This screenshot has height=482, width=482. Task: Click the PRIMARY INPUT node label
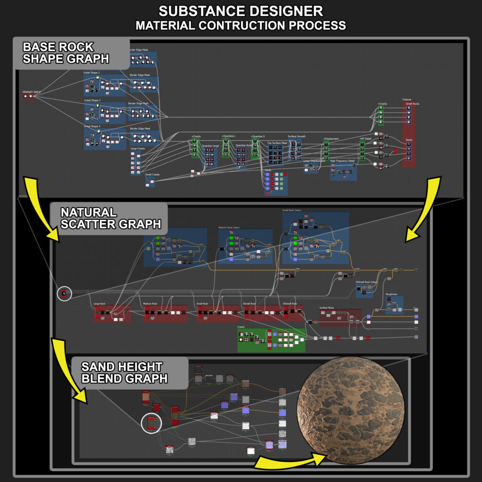click(x=32, y=92)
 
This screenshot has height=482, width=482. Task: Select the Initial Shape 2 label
click(x=92, y=72)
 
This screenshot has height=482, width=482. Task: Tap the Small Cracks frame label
click(x=153, y=175)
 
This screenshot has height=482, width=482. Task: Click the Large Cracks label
click(x=138, y=149)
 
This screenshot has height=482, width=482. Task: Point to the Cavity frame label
click(x=268, y=170)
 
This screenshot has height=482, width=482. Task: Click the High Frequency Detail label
click(x=342, y=161)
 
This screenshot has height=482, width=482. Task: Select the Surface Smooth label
click(x=297, y=137)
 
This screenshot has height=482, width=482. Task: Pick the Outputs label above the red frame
click(x=407, y=100)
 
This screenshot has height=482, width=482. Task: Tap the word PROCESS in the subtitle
click(x=314, y=25)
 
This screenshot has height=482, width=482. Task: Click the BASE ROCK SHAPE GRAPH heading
click(x=66, y=53)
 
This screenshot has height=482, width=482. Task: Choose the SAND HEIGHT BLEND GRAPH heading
click(x=122, y=372)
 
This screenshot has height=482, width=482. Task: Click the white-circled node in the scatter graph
click(x=64, y=294)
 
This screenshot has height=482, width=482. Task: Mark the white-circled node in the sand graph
click(x=152, y=423)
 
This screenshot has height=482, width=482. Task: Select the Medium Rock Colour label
click(x=229, y=228)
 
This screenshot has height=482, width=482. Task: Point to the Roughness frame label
click(x=392, y=294)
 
